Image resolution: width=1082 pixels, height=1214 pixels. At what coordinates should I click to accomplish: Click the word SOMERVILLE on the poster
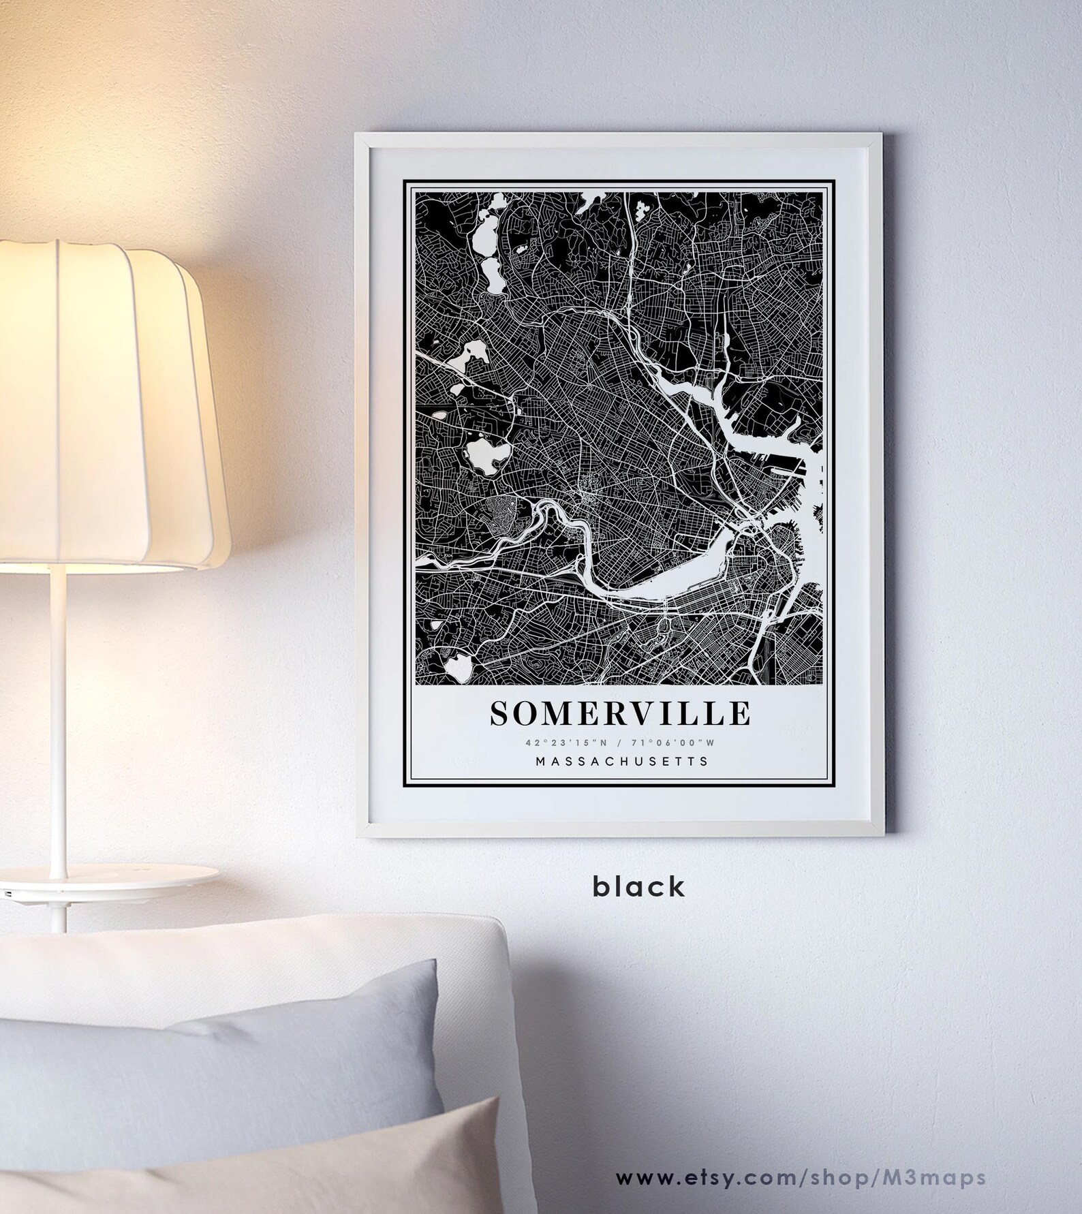click(x=620, y=713)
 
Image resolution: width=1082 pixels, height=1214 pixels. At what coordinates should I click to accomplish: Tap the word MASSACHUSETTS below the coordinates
click(x=621, y=761)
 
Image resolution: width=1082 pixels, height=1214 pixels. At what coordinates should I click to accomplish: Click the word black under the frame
click(x=638, y=886)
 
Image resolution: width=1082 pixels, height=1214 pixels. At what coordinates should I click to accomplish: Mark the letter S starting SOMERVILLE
click(x=499, y=713)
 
